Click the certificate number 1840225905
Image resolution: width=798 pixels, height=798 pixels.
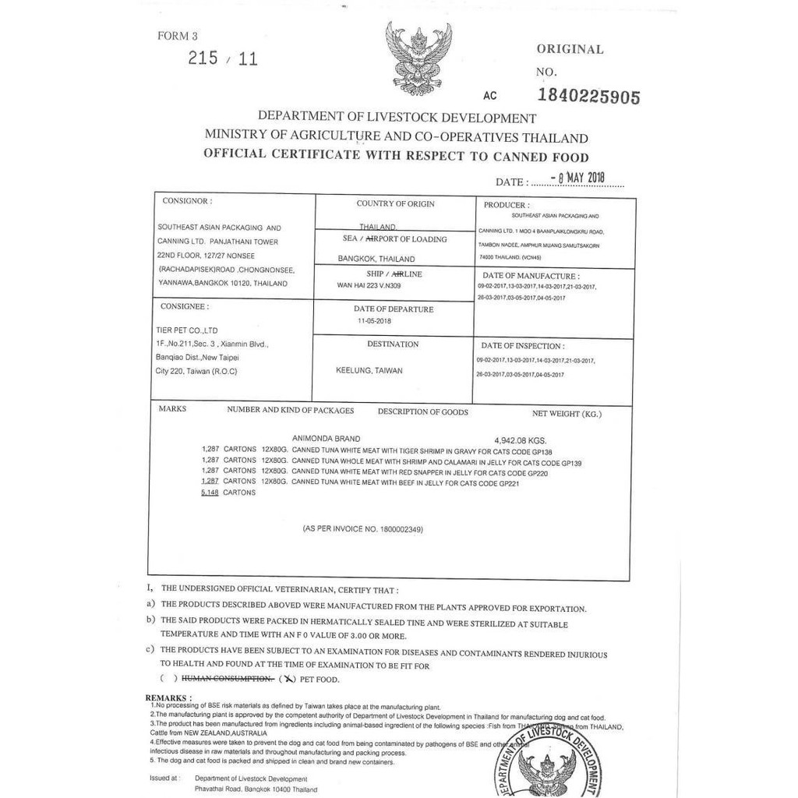tap(589, 97)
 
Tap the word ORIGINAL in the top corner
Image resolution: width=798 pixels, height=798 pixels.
tap(570, 49)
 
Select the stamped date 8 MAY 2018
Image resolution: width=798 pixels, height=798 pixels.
tap(577, 178)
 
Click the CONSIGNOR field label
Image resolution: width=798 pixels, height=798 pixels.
tap(187, 201)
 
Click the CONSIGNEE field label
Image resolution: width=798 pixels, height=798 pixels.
tap(184, 307)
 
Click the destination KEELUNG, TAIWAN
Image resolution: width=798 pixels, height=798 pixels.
tap(369, 371)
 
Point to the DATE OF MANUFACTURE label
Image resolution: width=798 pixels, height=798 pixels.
tap(531, 276)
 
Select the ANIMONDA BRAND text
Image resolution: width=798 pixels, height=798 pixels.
tap(326, 440)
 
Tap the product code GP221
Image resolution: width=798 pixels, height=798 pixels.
tap(507, 483)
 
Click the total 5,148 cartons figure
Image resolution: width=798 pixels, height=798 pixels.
tap(210, 493)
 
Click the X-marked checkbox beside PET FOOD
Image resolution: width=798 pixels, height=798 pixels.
tap(288, 679)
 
